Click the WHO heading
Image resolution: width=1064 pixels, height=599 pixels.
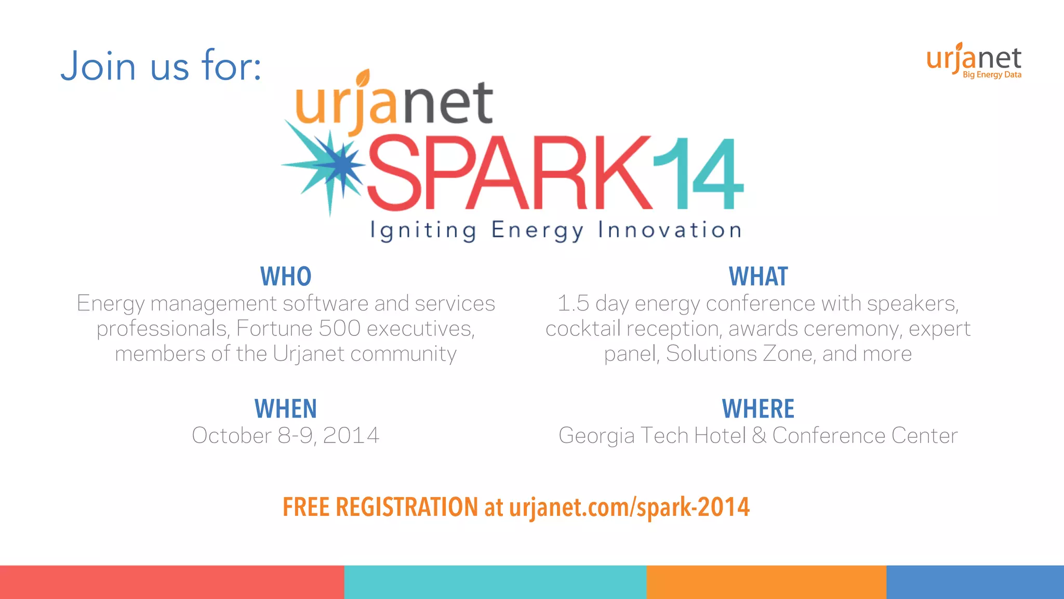pyautogui.click(x=286, y=277)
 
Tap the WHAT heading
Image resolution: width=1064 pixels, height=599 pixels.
pyautogui.click(x=758, y=277)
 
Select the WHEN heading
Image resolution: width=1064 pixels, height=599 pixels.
pyautogui.click(x=286, y=409)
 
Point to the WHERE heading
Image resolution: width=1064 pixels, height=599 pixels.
pyautogui.click(x=758, y=409)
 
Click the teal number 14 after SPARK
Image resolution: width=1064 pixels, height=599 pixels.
pyautogui.click(x=698, y=174)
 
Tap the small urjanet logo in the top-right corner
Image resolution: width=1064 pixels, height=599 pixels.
pyautogui.click(x=974, y=59)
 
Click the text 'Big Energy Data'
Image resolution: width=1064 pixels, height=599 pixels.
pyautogui.click(x=992, y=75)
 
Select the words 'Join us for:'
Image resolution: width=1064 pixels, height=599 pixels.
pyautogui.click(x=161, y=66)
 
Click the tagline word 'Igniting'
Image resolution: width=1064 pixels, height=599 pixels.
pyautogui.click(x=423, y=230)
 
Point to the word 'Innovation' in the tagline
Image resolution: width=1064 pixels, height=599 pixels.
pyautogui.click(x=670, y=230)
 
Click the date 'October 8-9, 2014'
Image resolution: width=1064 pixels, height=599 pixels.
pyautogui.click(x=286, y=436)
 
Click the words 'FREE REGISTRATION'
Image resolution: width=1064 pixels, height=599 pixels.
pyautogui.click(x=380, y=507)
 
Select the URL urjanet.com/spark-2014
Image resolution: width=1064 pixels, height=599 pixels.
pyautogui.click(x=629, y=507)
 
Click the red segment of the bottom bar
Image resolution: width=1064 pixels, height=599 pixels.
pyautogui.click(x=171, y=582)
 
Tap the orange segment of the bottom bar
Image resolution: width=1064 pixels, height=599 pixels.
pyautogui.click(x=766, y=582)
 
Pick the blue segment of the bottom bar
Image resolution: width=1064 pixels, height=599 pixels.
pyautogui.click(x=975, y=582)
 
